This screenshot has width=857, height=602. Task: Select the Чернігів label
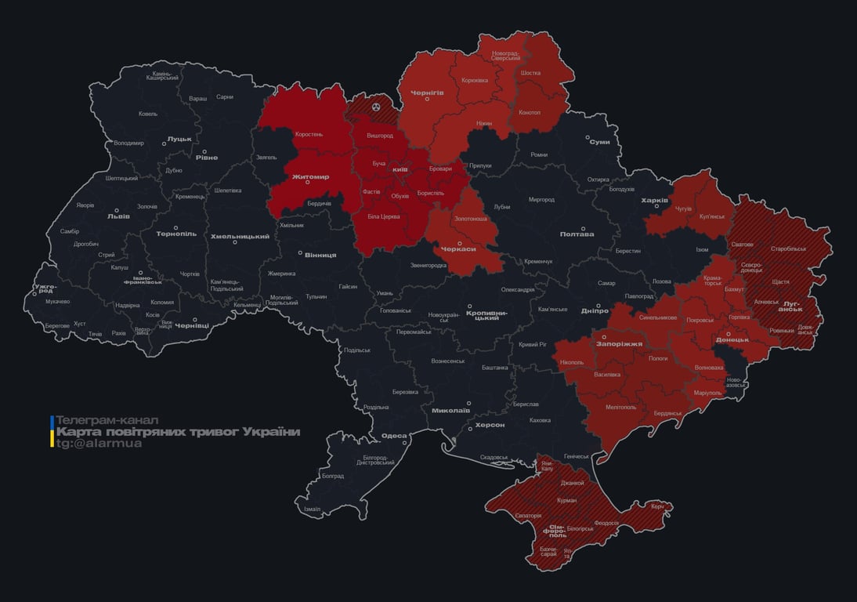428,92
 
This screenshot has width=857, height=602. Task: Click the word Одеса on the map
394,436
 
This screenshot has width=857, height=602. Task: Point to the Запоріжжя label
619,343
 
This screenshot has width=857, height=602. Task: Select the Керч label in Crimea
657,506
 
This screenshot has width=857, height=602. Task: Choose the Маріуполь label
709,392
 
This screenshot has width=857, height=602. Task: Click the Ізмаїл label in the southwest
312,509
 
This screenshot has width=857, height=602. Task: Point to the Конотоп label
530,112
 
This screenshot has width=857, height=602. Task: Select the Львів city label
119,216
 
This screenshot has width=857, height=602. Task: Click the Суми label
600,142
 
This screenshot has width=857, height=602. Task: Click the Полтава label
577,234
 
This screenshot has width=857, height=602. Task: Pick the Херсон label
490,424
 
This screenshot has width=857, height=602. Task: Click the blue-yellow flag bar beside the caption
52,432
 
